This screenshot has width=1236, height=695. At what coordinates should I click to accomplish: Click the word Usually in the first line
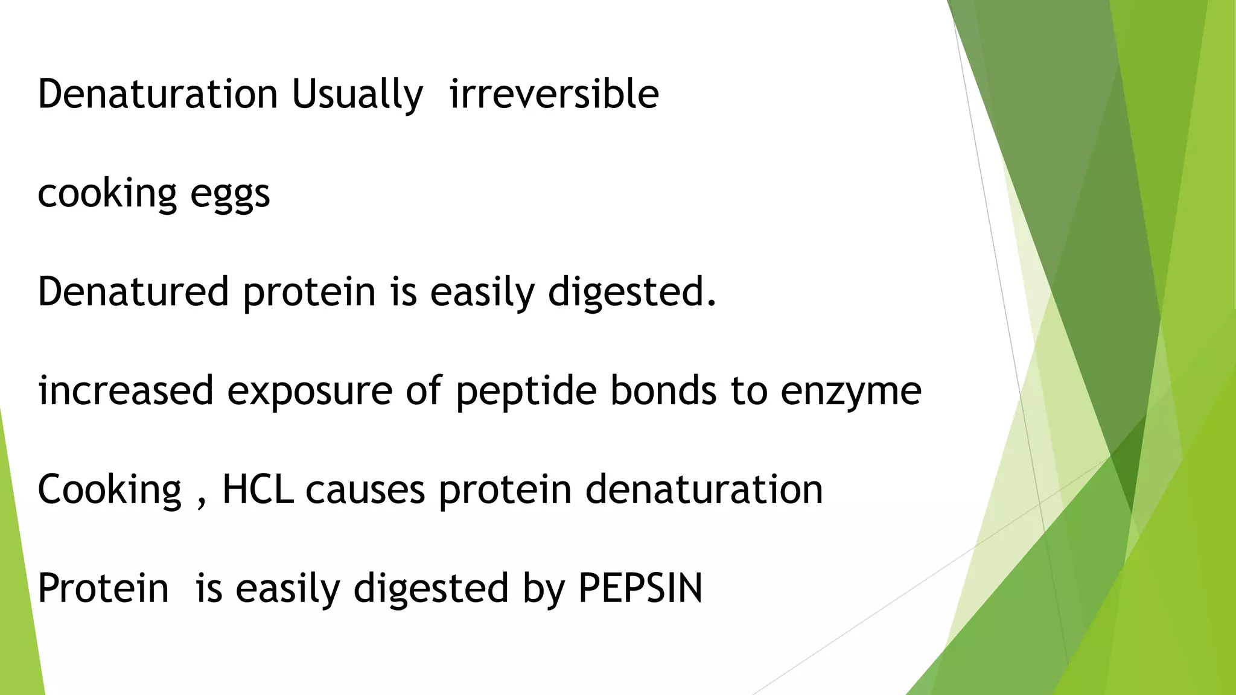(x=357, y=95)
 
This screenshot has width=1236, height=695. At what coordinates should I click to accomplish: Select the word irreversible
(x=554, y=94)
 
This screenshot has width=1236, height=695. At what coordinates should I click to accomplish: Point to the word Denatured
(x=133, y=291)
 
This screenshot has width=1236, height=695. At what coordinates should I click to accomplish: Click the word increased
(x=126, y=390)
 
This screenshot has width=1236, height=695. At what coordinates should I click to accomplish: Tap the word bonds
(x=663, y=390)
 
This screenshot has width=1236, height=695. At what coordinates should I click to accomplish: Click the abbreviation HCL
(x=258, y=489)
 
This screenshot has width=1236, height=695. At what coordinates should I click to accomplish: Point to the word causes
(x=365, y=490)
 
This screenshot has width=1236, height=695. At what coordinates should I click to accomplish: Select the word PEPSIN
(x=640, y=588)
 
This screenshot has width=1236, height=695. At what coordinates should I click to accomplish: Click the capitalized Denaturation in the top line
(x=158, y=94)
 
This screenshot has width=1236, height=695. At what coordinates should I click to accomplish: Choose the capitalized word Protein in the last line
(x=103, y=588)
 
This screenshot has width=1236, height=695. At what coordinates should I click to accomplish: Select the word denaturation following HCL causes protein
(x=704, y=489)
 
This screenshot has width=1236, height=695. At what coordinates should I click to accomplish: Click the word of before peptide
(x=424, y=390)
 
